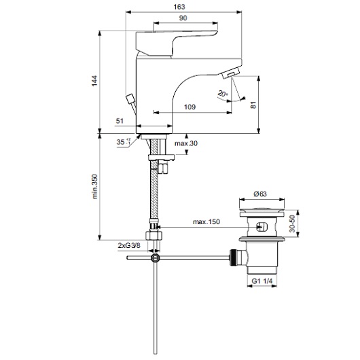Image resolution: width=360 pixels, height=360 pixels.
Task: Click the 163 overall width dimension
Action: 179,7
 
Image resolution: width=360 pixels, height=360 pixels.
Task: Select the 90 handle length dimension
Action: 183,18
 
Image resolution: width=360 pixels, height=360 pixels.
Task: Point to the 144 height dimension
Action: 94,81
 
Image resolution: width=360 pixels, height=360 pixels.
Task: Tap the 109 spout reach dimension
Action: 190,107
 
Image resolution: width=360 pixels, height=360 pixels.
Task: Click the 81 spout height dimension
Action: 253,105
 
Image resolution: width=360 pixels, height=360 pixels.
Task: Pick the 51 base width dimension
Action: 120,121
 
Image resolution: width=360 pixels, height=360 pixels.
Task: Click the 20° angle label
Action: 223,94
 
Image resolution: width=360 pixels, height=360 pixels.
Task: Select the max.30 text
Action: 186,143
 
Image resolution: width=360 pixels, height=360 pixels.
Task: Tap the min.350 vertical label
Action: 94,186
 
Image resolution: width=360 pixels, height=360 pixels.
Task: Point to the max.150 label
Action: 206,222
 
